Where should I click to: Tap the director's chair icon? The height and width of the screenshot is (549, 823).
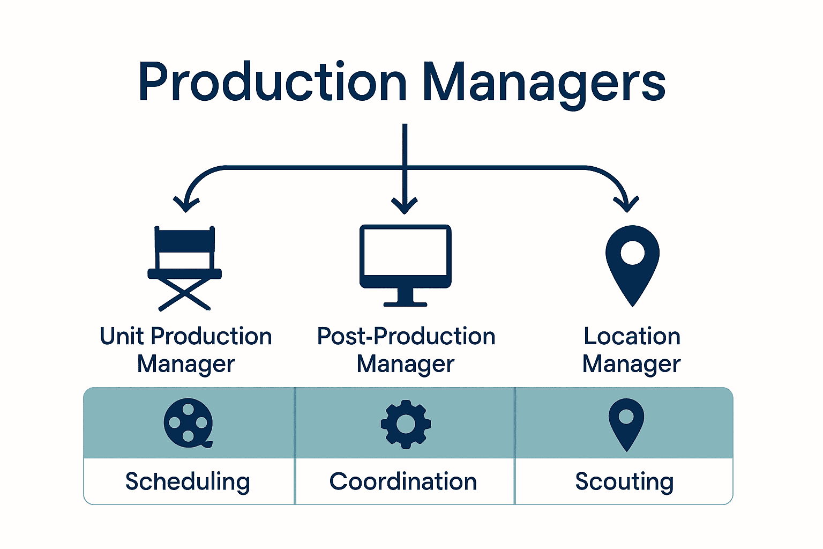click(184, 268)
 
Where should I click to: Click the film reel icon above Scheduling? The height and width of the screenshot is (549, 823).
click(188, 423)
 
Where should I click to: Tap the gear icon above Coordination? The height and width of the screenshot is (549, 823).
click(406, 424)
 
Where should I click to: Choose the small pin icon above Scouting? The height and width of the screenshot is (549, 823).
click(626, 424)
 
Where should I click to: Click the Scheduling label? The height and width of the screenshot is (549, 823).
click(188, 481)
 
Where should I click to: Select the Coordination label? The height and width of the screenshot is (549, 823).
click(403, 481)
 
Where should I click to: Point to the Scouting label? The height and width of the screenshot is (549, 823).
click(624, 481)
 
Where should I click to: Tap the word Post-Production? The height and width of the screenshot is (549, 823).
click(406, 337)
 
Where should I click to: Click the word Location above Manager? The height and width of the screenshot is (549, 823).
click(632, 337)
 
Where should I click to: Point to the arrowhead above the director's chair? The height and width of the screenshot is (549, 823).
click(186, 205)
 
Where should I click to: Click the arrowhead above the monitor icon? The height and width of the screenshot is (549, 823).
click(405, 206)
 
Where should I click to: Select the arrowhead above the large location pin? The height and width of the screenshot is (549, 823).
click(626, 205)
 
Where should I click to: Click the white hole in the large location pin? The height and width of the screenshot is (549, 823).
click(632, 253)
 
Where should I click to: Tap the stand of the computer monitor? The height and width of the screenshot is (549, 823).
click(405, 298)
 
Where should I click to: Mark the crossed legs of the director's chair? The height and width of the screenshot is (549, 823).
click(184, 294)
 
